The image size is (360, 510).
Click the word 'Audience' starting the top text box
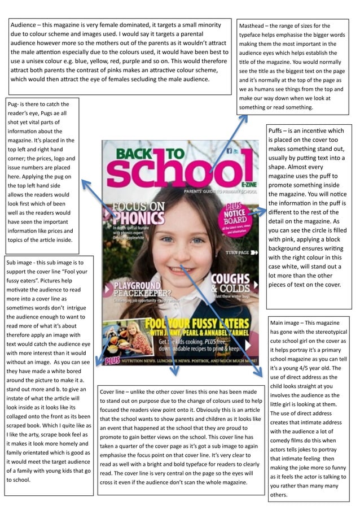27,25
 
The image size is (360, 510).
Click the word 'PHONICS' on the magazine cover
139,217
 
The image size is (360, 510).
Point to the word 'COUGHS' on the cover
230,279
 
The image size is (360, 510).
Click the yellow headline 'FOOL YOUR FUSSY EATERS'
196,324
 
